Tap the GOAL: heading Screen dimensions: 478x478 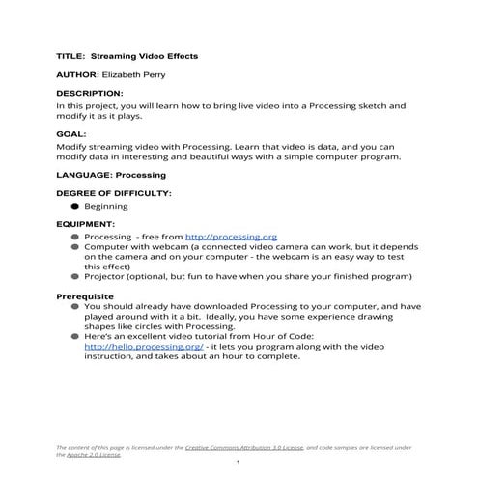pos(71,133)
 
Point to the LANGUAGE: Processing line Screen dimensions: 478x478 pos(111,175)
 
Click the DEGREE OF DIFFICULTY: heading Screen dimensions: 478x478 pos(113,194)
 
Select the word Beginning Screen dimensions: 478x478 pos(105,206)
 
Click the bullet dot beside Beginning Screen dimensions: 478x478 pos(74,206)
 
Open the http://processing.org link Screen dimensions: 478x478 pos(231,236)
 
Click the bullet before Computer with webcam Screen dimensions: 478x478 pos(74,247)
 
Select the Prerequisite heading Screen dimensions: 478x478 pos(85,295)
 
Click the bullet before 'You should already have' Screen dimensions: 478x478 pos(74,306)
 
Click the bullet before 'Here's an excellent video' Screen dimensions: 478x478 pos(74,335)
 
